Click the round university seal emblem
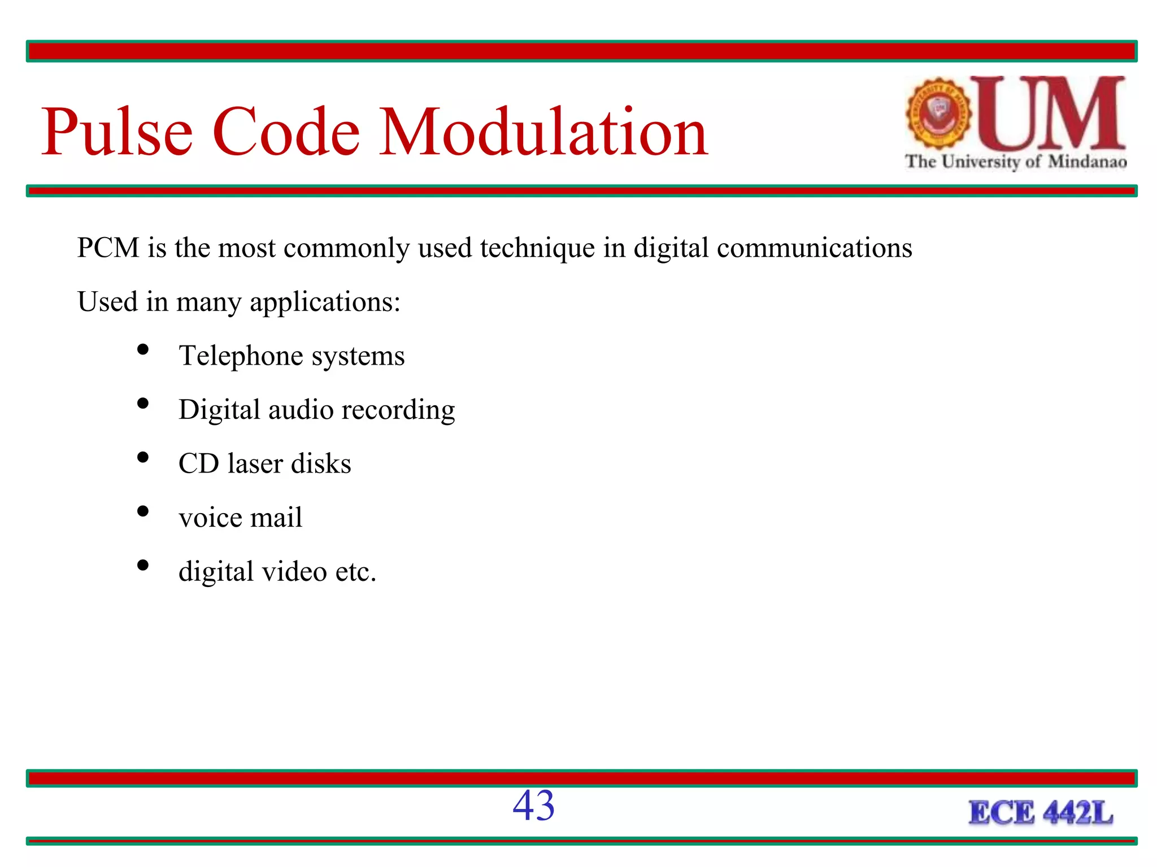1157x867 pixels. tap(938, 113)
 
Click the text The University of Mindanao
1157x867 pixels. tap(1015, 162)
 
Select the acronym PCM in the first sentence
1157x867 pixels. tap(108, 248)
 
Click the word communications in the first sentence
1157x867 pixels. tap(814, 248)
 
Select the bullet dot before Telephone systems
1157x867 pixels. tap(143, 349)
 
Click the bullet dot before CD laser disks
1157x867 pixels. tap(143, 457)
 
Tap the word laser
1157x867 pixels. tap(255, 464)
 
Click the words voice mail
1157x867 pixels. tap(240, 518)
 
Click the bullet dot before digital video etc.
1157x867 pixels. tap(143, 565)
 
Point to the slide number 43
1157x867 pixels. tap(533, 805)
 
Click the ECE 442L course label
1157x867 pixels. tap(1040, 813)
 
